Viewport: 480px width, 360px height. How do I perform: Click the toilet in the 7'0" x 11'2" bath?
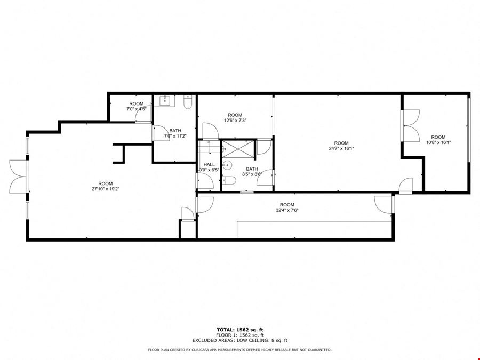pyautogui.click(x=188, y=102)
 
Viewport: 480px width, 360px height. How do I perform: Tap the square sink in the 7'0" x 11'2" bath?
pyautogui.click(x=165, y=100)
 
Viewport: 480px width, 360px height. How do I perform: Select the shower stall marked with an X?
pyautogui.click(x=238, y=149)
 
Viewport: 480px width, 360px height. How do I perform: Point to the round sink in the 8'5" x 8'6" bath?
pyautogui.click(x=227, y=165)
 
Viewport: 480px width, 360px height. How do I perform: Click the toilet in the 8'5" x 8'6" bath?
pyautogui.click(x=229, y=180)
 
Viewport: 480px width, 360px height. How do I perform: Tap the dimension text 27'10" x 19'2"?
pyautogui.click(x=106, y=189)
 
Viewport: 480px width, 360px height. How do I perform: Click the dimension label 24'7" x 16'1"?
pyautogui.click(x=341, y=148)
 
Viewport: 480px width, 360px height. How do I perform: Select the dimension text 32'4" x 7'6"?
pyautogui.click(x=287, y=210)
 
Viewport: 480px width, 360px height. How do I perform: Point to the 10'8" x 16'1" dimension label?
pyautogui.click(x=438, y=142)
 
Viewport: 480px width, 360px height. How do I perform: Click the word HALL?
pyautogui.click(x=209, y=165)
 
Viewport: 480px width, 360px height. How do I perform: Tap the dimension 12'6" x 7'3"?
pyautogui.click(x=235, y=121)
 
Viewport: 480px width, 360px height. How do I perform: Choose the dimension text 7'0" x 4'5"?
pyautogui.click(x=137, y=109)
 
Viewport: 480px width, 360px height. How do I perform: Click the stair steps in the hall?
pyautogui.click(x=209, y=147)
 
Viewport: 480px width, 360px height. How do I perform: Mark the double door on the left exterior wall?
pyautogui.click(x=18, y=177)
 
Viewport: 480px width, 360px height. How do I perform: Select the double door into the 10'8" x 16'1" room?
pyautogui.click(x=411, y=125)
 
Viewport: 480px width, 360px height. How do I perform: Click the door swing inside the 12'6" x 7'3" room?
pyautogui.click(x=211, y=131)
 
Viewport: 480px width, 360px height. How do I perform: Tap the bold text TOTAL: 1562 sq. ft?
pyautogui.click(x=240, y=330)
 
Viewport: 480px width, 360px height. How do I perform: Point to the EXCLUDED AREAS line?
pyautogui.click(x=240, y=340)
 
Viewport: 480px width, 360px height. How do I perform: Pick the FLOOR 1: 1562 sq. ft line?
pyautogui.click(x=240, y=335)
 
